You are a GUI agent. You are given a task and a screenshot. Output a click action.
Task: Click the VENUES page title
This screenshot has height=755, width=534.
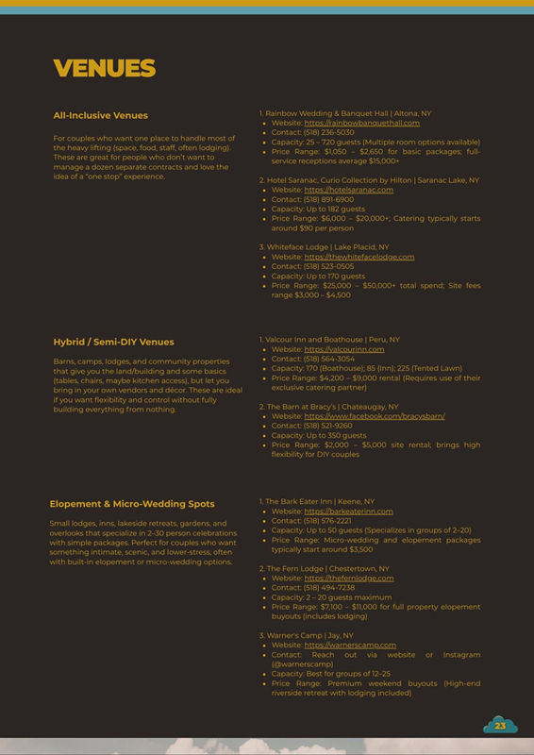(104, 69)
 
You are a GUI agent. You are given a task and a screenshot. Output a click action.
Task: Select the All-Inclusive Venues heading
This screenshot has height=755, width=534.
(100, 115)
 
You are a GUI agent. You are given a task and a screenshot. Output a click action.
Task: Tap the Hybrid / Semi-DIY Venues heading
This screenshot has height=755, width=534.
(113, 342)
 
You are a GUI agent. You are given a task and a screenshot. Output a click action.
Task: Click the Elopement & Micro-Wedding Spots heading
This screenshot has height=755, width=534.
(132, 504)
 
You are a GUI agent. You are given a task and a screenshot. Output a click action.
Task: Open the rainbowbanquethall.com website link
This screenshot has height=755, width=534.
(361, 123)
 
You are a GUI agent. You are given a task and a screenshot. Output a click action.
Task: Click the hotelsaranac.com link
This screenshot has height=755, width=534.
(348, 190)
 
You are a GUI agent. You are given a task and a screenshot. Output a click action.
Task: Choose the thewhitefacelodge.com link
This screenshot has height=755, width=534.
(359, 257)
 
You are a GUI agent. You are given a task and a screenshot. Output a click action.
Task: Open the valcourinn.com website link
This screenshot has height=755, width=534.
(344, 349)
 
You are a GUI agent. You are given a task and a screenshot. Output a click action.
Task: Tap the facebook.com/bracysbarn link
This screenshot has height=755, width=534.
(375, 416)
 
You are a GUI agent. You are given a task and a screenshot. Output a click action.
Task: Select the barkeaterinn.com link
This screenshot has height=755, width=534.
(348, 511)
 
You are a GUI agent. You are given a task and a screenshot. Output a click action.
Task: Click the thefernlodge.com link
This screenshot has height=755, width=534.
(348, 578)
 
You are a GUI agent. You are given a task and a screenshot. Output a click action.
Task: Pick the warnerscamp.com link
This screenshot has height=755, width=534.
(350, 645)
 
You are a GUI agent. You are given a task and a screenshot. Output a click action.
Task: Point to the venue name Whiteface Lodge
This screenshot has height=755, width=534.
(298, 246)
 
